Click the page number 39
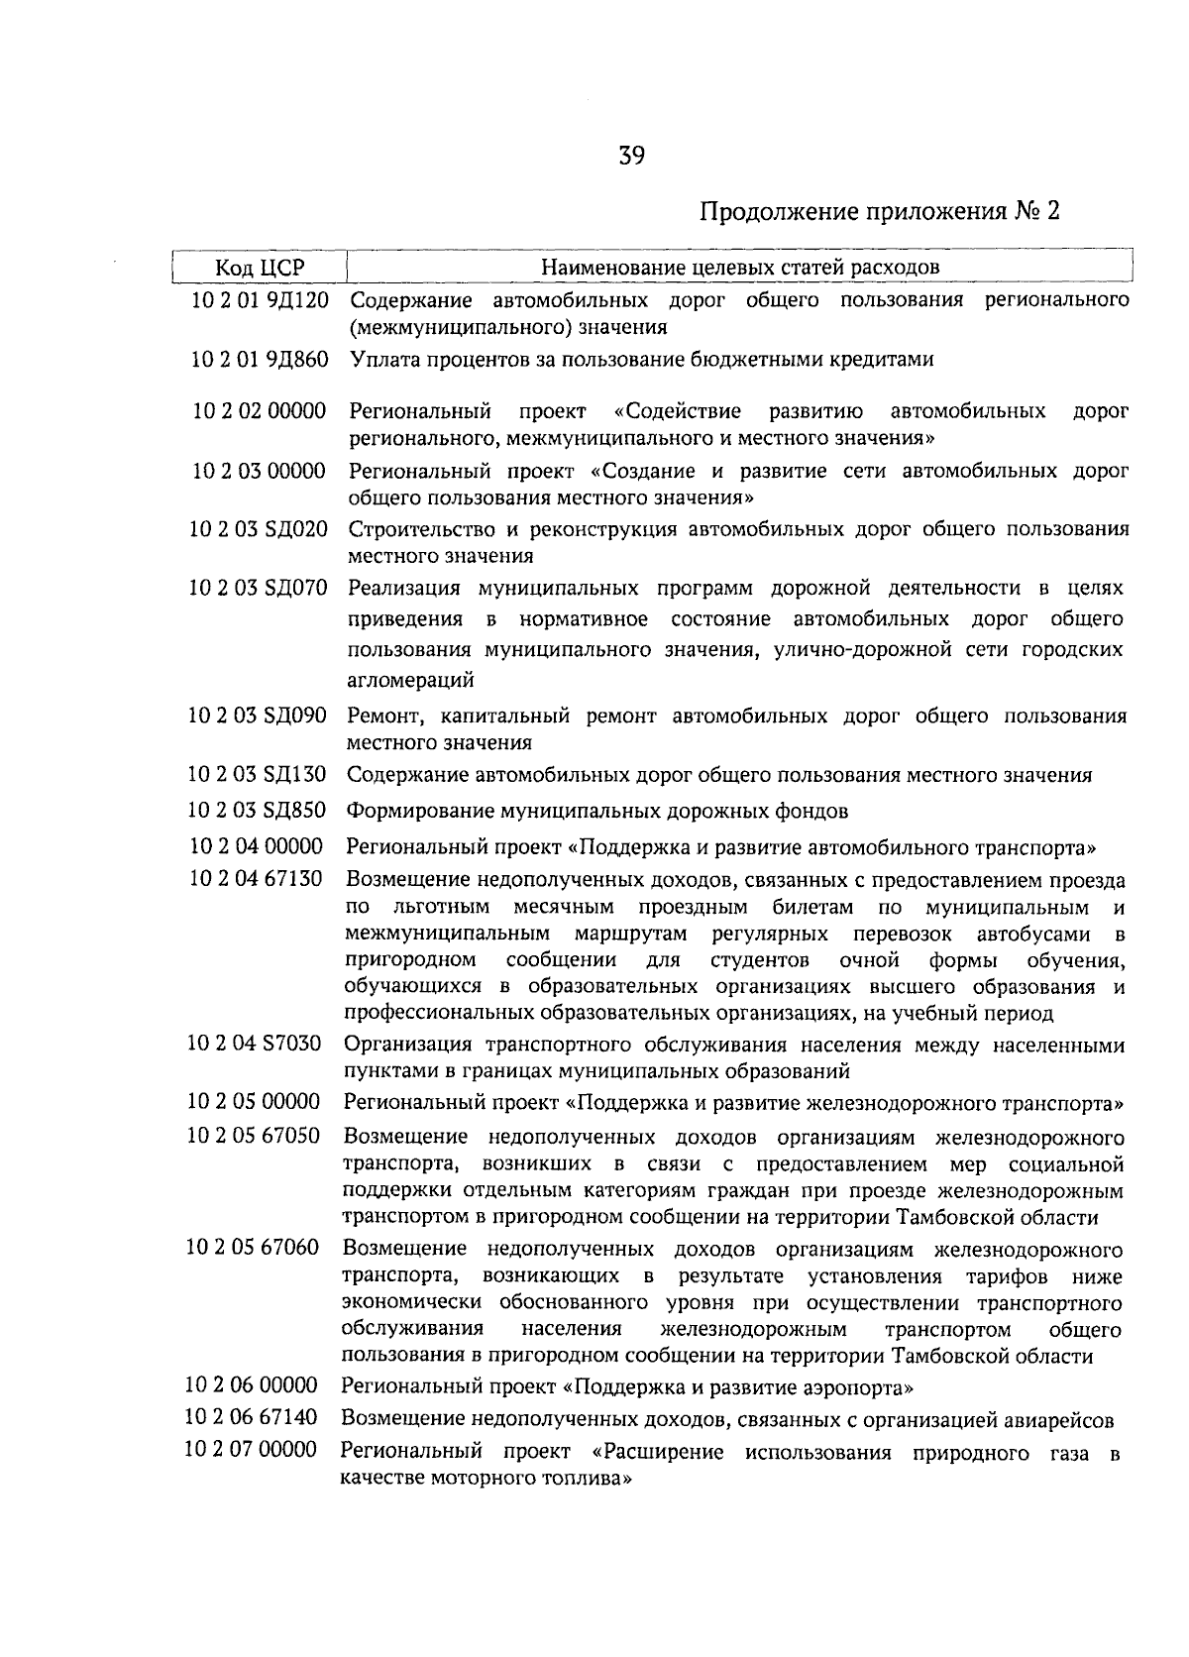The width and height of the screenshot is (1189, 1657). coord(632,156)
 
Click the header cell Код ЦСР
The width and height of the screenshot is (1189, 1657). coord(260,268)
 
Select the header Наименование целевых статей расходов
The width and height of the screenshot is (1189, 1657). coord(740,267)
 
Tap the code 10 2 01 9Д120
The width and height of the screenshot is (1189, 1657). coord(260,300)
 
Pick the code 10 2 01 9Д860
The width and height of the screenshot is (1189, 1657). coord(260,360)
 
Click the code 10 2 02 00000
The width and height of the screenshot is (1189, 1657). coord(259,410)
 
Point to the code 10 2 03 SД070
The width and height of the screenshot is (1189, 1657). coord(258,589)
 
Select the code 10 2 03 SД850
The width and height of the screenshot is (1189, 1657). coord(257,811)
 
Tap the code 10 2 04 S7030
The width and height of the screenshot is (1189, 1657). coord(255,1044)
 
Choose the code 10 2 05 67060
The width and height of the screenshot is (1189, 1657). coord(253,1248)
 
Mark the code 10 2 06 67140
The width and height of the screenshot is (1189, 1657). coord(252,1419)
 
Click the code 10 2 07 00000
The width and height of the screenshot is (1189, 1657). coord(251,1451)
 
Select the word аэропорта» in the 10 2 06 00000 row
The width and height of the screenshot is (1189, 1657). coord(863,1385)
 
